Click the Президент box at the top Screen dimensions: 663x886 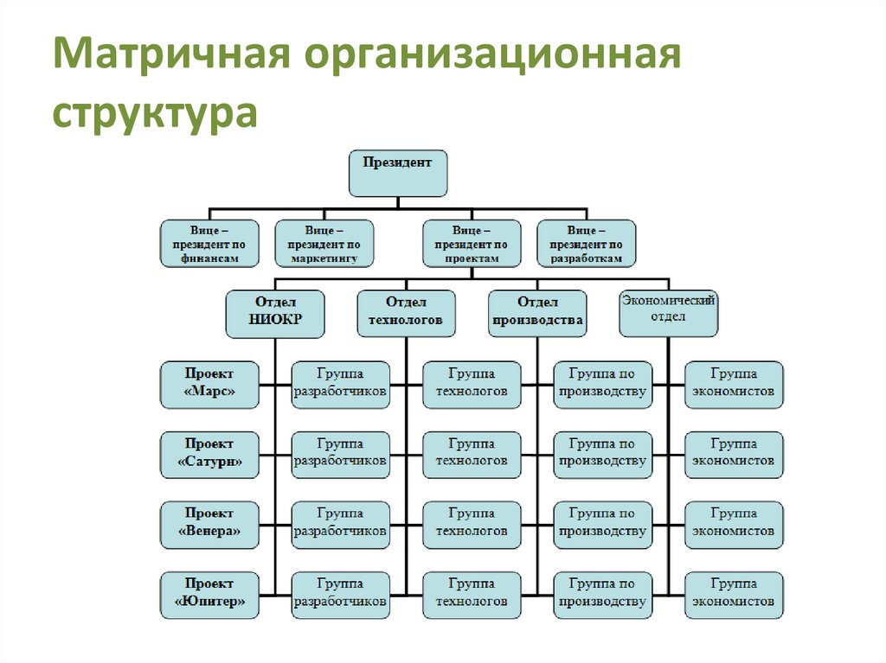[x=398, y=172]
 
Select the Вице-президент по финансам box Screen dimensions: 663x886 [x=209, y=244]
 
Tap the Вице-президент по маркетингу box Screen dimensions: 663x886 [x=324, y=244]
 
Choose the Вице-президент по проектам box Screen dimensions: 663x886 [x=472, y=244]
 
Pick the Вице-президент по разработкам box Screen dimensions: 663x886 [x=586, y=244]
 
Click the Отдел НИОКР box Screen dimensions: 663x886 [x=275, y=313]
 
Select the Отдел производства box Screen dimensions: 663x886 [x=537, y=313]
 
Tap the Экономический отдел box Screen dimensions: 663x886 [x=668, y=313]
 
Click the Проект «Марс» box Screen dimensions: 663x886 [x=209, y=385]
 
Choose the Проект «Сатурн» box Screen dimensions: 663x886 [x=209, y=455]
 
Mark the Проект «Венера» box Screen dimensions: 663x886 [x=209, y=525]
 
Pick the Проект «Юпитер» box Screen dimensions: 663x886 [x=209, y=595]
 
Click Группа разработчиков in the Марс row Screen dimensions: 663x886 [x=340, y=385]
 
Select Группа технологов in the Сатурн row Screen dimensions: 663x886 [x=472, y=455]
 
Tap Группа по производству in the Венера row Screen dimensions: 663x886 [x=602, y=525]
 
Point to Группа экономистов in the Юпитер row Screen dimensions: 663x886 [x=734, y=595]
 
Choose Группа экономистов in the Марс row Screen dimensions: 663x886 [x=734, y=385]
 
